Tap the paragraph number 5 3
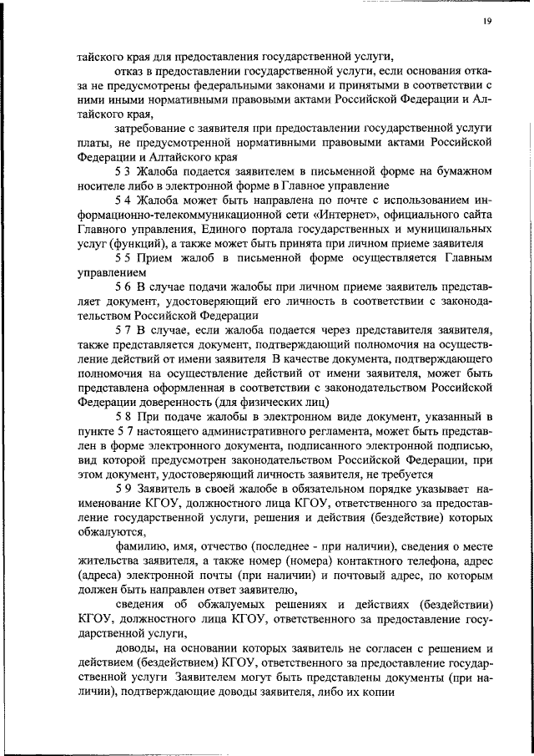[122, 170]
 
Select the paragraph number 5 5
[122, 257]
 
